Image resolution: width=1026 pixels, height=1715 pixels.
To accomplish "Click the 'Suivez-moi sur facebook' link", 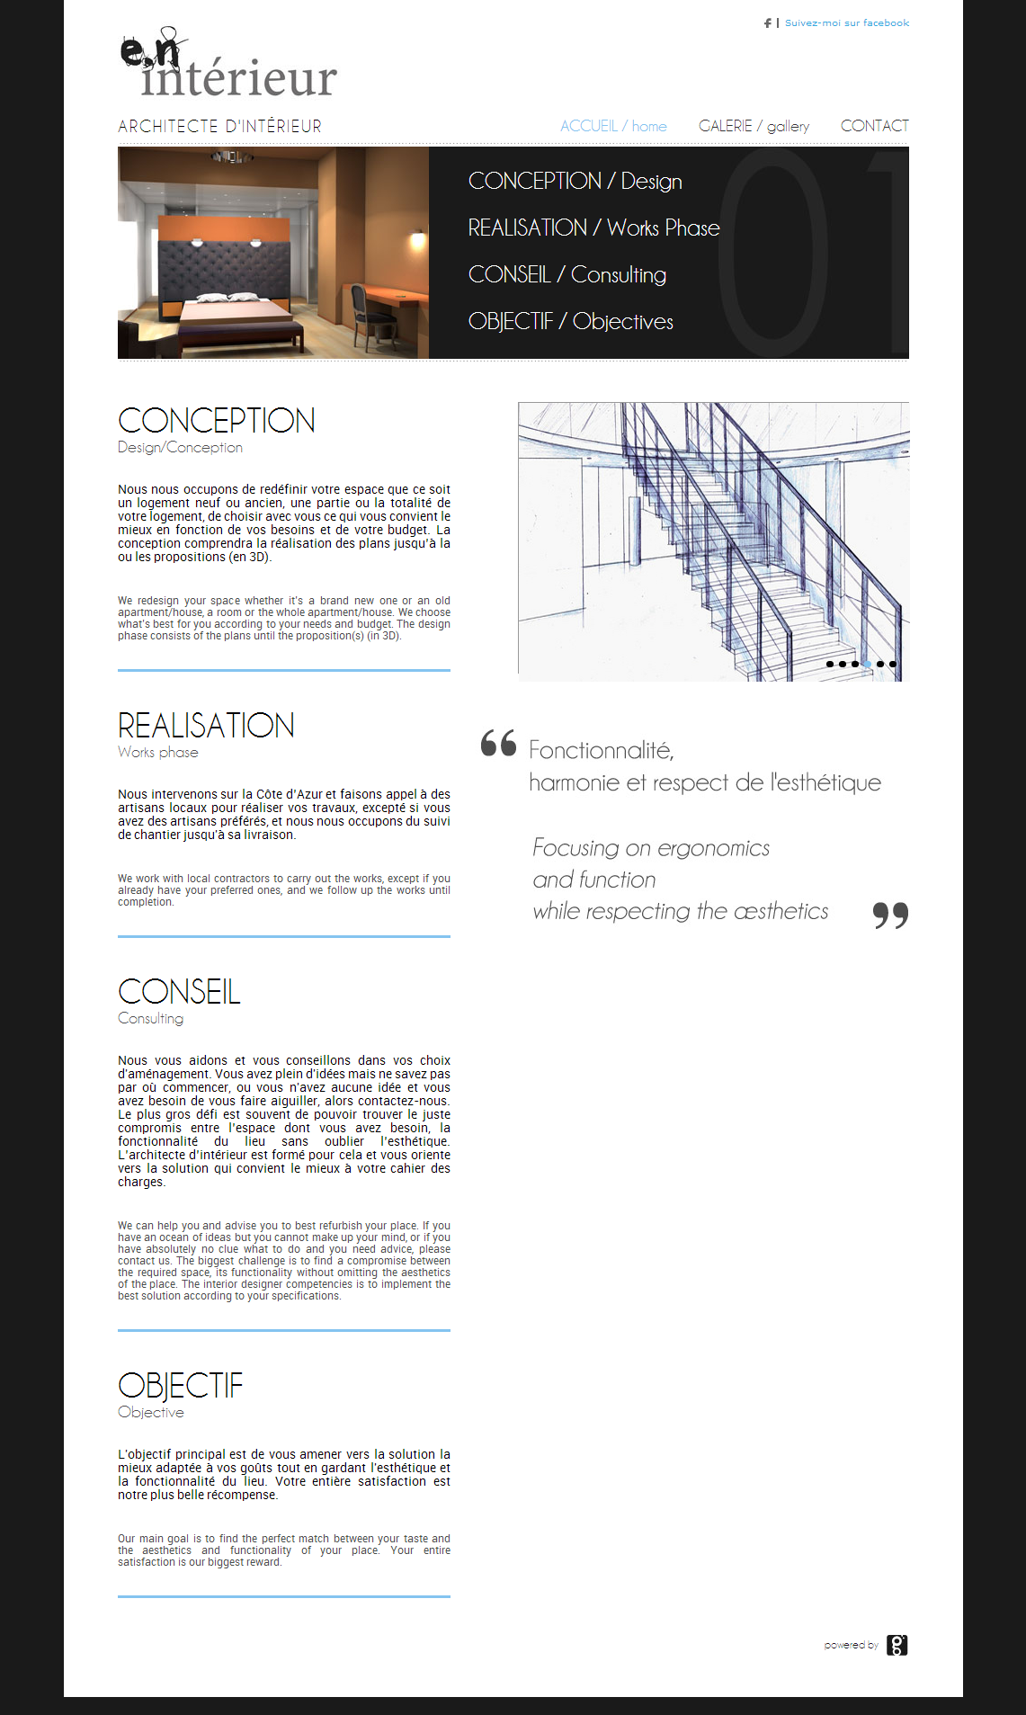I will coord(846,23).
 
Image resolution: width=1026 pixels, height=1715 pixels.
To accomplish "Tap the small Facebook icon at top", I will coord(767,23).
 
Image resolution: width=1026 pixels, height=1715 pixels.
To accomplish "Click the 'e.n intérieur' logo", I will coord(228,65).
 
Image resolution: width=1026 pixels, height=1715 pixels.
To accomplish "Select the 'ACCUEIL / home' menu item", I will coord(613,126).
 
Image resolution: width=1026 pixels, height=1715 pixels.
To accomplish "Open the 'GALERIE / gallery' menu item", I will coord(754,126).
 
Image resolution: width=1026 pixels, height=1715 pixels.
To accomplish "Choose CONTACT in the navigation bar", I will coord(874,126).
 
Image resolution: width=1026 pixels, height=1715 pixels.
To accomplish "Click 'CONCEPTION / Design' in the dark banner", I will coord(575,181).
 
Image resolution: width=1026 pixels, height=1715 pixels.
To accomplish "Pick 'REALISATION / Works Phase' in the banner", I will coord(593,228).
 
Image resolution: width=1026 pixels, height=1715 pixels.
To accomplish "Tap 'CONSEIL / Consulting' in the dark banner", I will coord(567,274).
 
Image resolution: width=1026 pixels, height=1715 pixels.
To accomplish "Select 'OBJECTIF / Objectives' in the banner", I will coord(570,321).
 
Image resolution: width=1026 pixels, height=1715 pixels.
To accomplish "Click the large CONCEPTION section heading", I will coord(217,421).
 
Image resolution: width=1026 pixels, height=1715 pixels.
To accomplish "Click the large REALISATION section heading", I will coord(206,726).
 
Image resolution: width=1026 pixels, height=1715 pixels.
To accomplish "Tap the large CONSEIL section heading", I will coord(179,992).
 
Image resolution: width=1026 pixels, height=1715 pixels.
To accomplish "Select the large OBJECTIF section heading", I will coord(180,1386).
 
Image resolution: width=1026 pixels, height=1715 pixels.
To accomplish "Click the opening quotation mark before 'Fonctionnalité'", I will coord(498,743).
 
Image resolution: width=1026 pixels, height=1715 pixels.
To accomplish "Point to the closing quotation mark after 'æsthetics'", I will coord(890,916).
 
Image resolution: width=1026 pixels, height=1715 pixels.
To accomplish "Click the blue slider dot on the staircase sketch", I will coord(868,664).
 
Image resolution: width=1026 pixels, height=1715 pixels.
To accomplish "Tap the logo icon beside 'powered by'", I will coord(897,1645).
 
